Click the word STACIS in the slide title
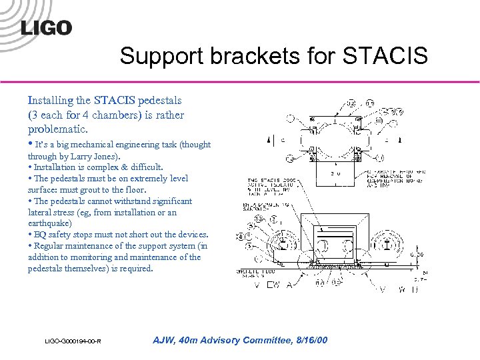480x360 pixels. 385,56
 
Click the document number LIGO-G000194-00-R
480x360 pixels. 73,342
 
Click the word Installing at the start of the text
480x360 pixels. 50,101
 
